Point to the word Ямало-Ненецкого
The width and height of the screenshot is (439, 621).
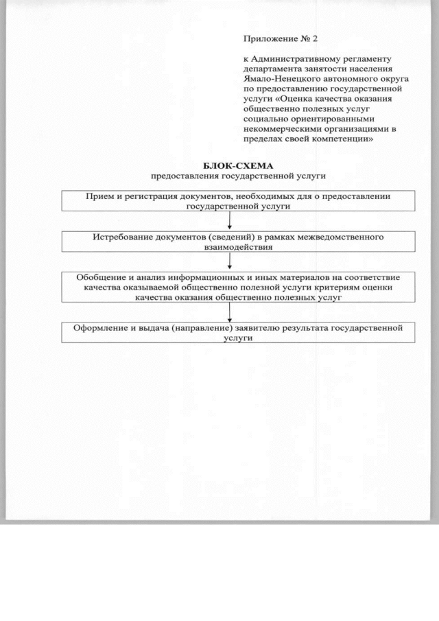click(276, 79)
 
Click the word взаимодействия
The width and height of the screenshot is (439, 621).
click(229, 248)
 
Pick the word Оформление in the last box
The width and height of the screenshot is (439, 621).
click(102, 328)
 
